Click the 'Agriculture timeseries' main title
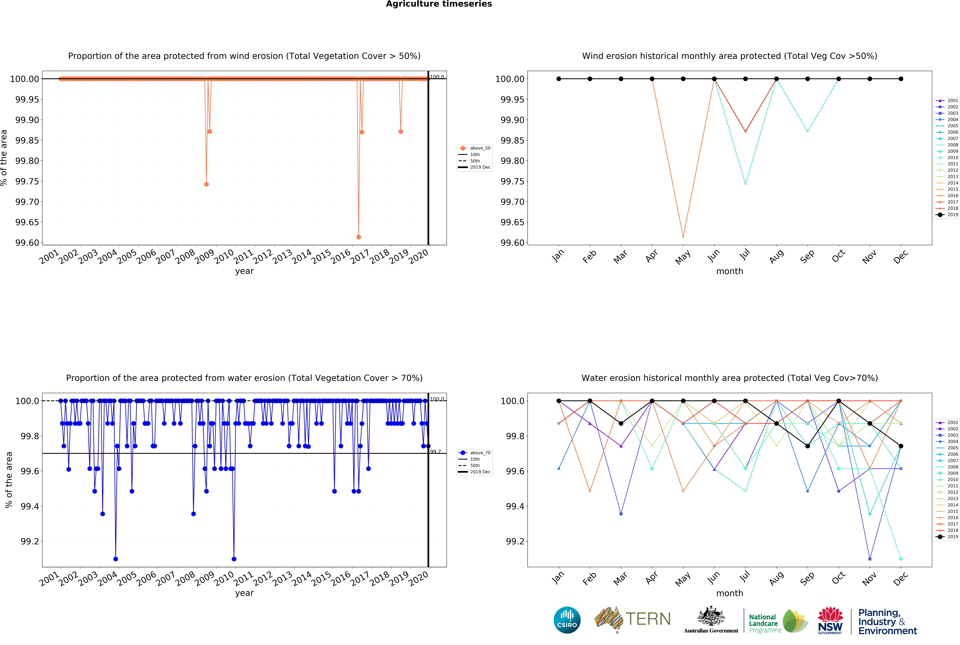[439, 4]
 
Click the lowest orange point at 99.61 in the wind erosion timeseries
[358, 237]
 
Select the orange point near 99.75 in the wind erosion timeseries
[207, 184]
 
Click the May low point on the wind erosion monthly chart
[683, 237]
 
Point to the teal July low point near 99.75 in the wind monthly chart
[745, 183]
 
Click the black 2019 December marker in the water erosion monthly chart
[901, 446]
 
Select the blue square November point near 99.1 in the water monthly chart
[870, 559]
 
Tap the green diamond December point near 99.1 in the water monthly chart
[901, 559]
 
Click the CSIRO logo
[567, 620]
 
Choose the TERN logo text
[648, 619]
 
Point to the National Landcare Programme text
[765, 623]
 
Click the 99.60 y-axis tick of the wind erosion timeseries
[27, 243]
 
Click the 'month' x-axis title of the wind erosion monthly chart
[730, 271]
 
